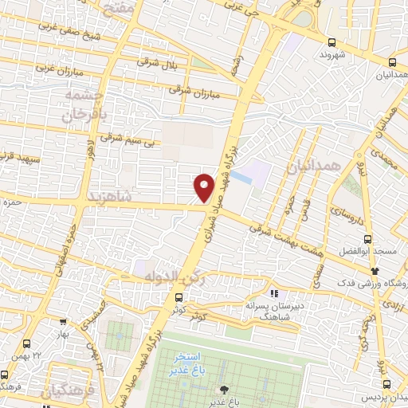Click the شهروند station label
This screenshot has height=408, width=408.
coord(329,56)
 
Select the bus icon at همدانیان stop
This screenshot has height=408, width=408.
coord(392,62)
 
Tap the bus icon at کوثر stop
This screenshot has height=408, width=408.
coord(178,298)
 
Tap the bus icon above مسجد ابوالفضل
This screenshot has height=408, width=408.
coord(367,238)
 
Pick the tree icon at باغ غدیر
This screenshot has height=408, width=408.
coord(223,390)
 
